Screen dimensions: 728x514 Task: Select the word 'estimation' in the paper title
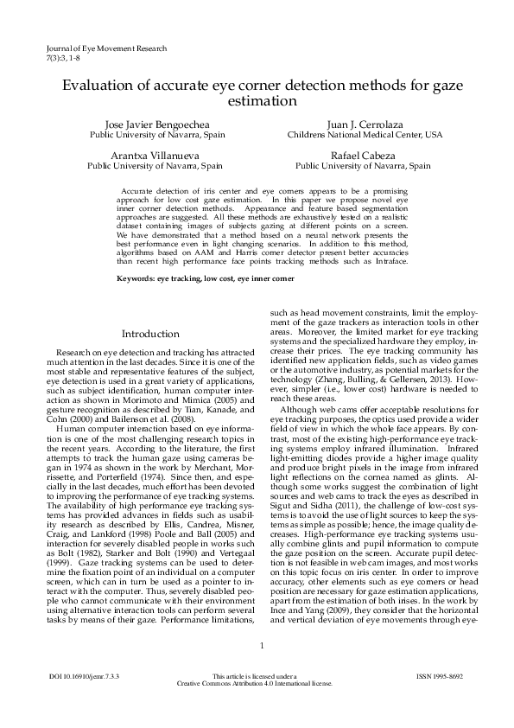click(257, 101)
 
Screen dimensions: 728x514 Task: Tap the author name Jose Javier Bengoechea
click(157, 125)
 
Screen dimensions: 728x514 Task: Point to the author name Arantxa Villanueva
click(157, 155)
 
